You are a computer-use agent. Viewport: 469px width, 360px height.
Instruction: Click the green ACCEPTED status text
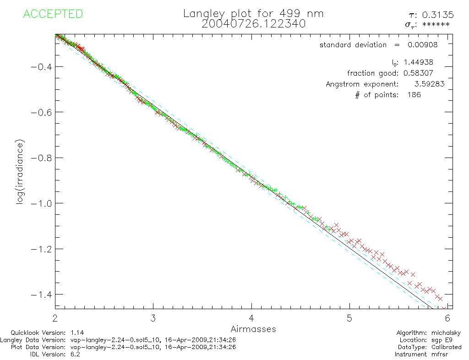click(x=53, y=14)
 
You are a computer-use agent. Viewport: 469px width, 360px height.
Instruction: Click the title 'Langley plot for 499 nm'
click(x=253, y=14)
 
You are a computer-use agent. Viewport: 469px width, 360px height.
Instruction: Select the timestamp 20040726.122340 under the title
click(x=253, y=24)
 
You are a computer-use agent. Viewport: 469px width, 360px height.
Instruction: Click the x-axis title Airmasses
click(x=253, y=329)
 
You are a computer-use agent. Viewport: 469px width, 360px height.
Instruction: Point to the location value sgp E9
click(x=449, y=340)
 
